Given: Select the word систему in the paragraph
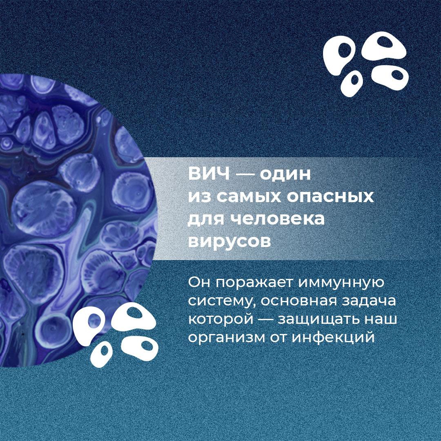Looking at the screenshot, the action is pos(221,302).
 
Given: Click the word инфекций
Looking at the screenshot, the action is pos(333,338).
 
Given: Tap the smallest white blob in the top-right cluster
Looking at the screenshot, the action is pos(352,84).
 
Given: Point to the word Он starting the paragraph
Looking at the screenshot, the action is pos(200,282).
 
